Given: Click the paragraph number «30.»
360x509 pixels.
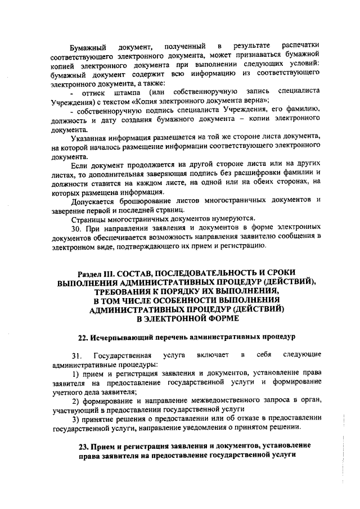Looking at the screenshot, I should point(78,228).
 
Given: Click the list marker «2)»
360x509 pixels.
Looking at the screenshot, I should point(75,400).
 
